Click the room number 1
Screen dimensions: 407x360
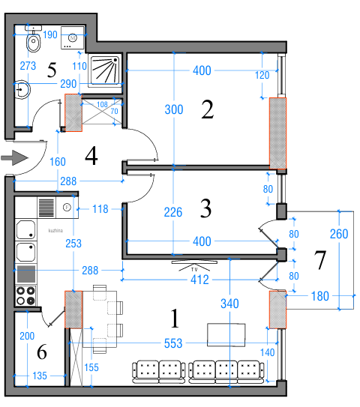coord(175,320)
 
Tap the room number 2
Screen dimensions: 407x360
coord(208,110)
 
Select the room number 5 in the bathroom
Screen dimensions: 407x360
coord(52,70)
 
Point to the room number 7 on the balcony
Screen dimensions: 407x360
coord(320,261)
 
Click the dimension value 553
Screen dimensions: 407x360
coord(173,343)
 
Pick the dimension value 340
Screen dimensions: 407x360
coord(230,304)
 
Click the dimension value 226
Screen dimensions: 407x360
coord(173,212)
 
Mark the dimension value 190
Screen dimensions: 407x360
coord(50,34)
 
